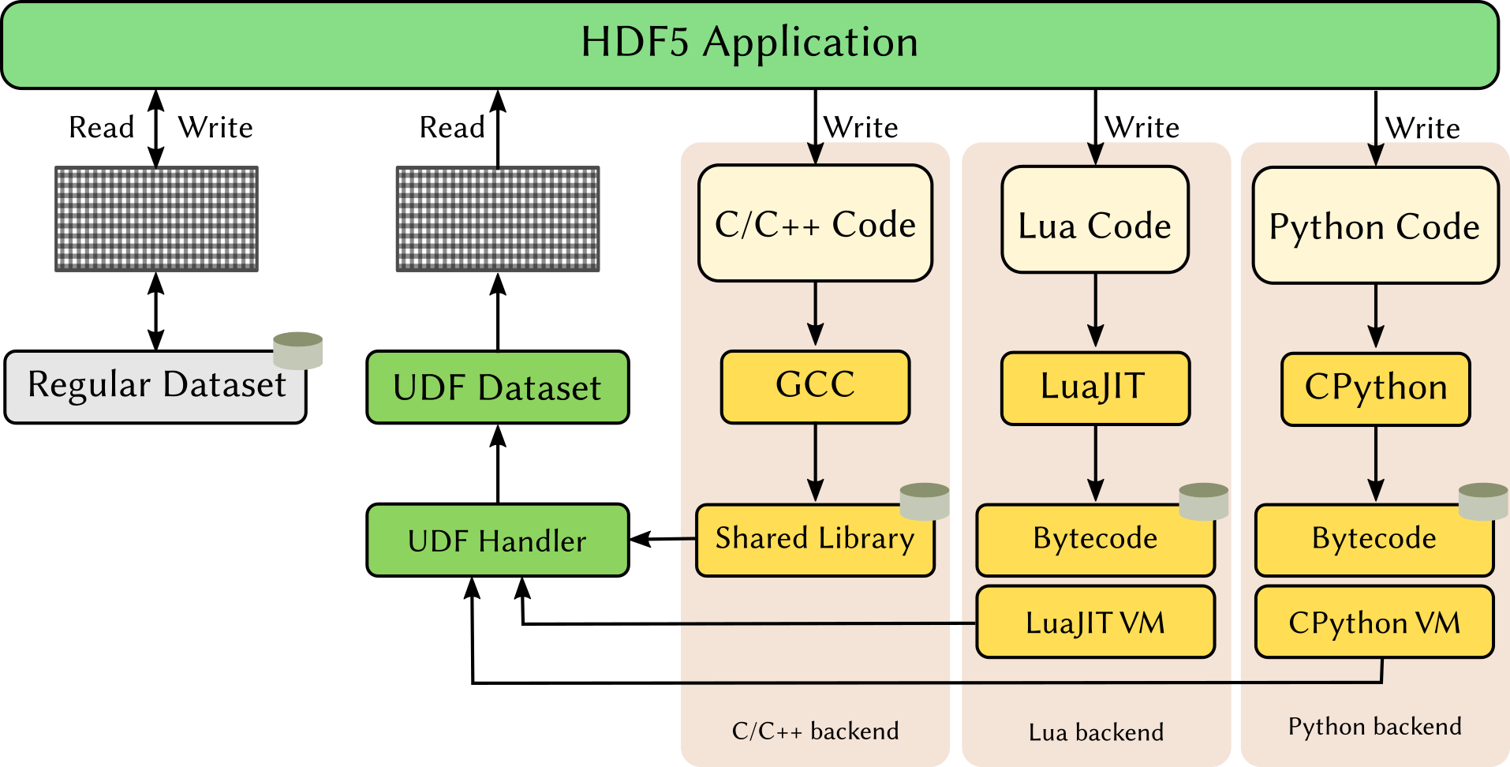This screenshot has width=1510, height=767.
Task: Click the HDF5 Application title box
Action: tap(749, 44)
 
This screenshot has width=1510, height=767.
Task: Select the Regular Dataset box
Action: tap(155, 387)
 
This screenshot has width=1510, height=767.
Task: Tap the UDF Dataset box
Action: tap(497, 387)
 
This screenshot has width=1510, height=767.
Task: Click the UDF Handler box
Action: tap(497, 541)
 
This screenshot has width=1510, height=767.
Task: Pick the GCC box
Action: tap(815, 387)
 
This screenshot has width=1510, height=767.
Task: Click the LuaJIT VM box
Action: tap(1095, 623)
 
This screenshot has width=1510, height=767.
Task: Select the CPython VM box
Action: tap(1374, 623)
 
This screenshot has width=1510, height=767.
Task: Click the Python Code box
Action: tap(1374, 226)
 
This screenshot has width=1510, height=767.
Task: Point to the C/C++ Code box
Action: tap(815, 223)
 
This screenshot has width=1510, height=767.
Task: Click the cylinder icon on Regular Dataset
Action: tap(297, 351)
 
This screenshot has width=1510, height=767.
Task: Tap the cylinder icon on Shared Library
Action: tap(924, 502)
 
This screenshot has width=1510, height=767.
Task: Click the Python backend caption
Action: tap(1374, 726)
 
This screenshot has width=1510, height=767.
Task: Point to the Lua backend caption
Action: tap(1095, 732)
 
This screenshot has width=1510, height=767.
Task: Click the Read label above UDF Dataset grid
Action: tap(452, 128)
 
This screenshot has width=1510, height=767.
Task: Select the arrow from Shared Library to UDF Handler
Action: tap(663, 539)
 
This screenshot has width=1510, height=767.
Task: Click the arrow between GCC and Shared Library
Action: tap(815, 463)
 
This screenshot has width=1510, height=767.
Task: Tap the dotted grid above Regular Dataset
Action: tap(156, 219)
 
